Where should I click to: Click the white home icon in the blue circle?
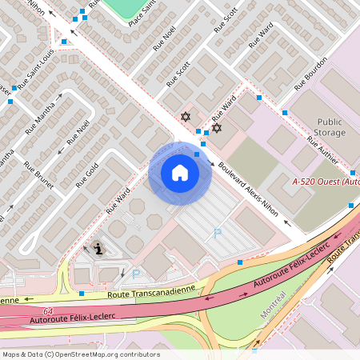[x=179, y=172]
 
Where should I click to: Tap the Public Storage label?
[x=329, y=126]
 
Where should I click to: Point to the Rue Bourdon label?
[x=310, y=74]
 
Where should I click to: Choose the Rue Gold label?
[x=86, y=175]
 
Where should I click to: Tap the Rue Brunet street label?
[x=38, y=175]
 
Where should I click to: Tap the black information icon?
[x=98, y=248]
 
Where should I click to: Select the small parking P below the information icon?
[x=135, y=274]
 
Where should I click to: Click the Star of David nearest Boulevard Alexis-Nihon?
[x=186, y=117]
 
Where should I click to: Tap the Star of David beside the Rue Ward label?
[x=215, y=127]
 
